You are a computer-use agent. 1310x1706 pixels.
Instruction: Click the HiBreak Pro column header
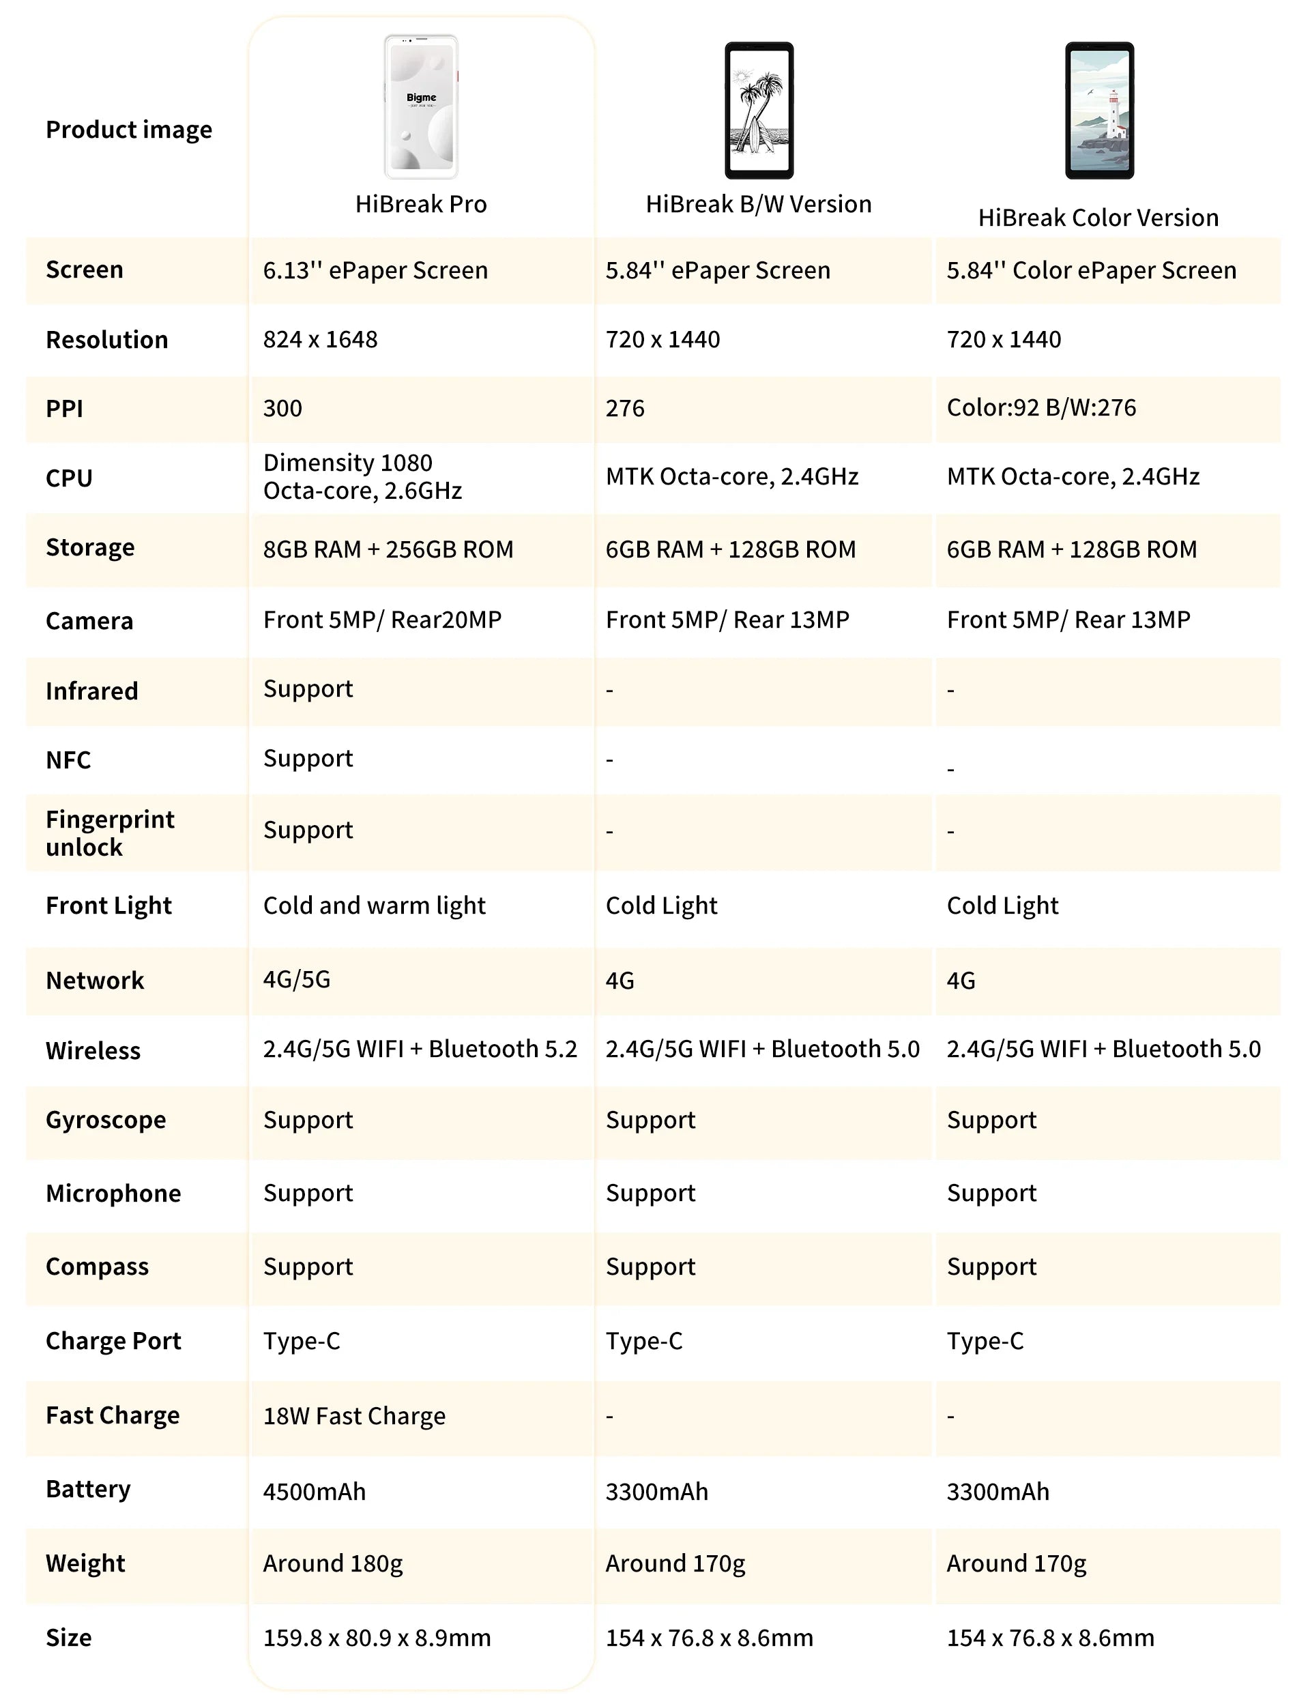tap(421, 203)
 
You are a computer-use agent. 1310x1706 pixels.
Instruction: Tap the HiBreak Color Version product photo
tap(1099, 110)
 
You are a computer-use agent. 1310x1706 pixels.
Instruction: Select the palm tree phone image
tap(759, 110)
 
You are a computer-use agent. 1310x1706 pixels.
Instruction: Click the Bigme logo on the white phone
tap(421, 98)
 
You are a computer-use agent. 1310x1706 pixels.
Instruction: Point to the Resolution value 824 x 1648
tap(321, 339)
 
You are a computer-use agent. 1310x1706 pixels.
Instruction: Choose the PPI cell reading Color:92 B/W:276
tap(1041, 408)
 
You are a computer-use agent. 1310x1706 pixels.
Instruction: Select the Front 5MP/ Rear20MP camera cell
tap(382, 620)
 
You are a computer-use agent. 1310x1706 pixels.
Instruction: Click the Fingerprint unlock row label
tap(110, 833)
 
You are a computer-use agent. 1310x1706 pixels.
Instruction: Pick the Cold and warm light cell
tap(375, 906)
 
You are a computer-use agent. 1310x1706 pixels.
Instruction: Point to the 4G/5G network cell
tap(297, 979)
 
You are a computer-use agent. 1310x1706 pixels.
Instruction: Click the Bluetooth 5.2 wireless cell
tap(420, 1049)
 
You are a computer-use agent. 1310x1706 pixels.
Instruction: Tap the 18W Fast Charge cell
tap(354, 1416)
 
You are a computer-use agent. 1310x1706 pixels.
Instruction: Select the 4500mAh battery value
tap(315, 1492)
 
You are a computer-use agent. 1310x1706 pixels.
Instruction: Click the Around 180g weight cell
tap(333, 1563)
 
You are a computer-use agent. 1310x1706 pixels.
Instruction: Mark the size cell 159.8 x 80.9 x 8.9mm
tap(377, 1637)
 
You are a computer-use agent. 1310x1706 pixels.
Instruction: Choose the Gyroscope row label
tap(106, 1120)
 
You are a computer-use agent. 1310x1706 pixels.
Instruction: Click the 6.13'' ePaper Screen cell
tap(375, 270)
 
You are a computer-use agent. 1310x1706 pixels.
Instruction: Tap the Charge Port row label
tap(113, 1341)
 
